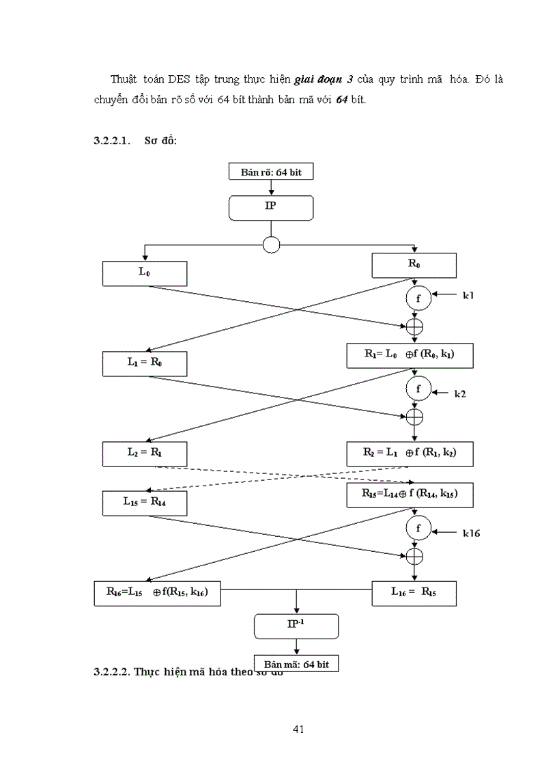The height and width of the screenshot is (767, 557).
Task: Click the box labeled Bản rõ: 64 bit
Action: click(x=271, y=172)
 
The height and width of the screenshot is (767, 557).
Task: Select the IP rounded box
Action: click(x=271, y=207)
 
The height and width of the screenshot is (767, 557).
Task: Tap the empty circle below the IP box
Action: click(x=271, y=245)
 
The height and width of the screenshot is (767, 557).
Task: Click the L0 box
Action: click(x=145, y=273)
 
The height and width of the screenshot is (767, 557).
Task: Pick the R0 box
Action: click(x=414, y=265)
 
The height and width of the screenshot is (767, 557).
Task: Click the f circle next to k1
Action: click(x=417, y=298)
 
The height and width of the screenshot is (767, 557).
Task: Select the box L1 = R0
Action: click(x=145, y=363)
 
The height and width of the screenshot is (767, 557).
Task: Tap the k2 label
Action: click(x=460, y=393)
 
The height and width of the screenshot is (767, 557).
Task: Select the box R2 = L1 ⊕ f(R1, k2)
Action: click(x=409, y=452)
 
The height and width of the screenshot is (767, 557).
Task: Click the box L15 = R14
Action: click(x=145, y=502)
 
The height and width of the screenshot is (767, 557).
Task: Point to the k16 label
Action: click(x=471, y=533)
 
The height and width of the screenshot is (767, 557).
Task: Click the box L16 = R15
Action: click(x=414, y=593)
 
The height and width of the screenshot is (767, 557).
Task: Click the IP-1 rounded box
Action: click(x=296, y=625)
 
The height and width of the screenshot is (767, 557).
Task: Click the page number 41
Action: click(x=298, y=729)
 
